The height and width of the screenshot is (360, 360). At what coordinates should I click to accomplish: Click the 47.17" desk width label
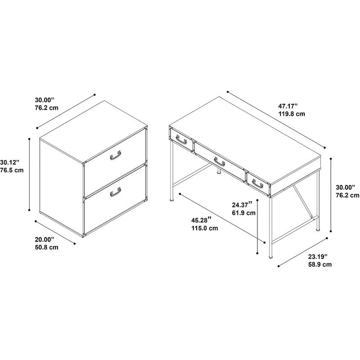click(x=288, y=106)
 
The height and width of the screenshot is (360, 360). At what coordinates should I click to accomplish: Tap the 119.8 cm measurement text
click(x=292, y=114)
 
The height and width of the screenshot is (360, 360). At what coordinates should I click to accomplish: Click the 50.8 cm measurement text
click(x=47, y=247)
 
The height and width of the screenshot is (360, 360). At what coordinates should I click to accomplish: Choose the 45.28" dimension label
click(x=201, y=220)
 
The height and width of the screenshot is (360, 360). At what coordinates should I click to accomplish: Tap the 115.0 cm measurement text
click(x=205, y=228)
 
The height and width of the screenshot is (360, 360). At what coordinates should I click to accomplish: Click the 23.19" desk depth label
click(x=318, y=256)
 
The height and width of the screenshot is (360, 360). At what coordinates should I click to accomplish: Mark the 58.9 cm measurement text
click(x=320, y=265)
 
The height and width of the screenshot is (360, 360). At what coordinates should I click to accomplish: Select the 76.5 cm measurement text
click(x=12, y=170)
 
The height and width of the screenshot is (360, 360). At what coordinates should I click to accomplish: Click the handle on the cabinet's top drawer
click(x=116, y=155)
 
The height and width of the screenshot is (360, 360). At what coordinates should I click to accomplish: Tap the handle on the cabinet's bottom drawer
click(x=116, y=192)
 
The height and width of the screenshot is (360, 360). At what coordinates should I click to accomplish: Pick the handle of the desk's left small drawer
click(x=181, y=140)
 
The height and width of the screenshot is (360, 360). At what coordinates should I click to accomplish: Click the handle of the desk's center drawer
click(x=220, y=162)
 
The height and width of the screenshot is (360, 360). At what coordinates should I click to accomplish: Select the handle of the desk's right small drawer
click(x=257, y=184)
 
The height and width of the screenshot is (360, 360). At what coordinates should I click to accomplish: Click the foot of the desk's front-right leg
click(x=271, y=256)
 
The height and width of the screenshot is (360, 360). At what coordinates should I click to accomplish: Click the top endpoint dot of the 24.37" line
click(x=257, y=200)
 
